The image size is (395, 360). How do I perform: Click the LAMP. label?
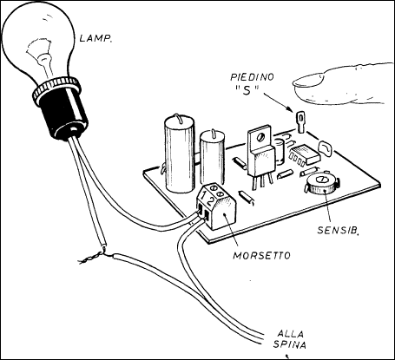(x=95, y=38)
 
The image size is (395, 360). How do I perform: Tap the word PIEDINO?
(x=252, y=77)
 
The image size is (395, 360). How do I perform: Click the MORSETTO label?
(x=261, y=256)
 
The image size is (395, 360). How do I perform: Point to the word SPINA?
(x=290, y=344)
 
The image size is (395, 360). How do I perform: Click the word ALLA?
(x=290, y=334)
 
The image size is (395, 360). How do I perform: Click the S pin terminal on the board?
(x=300, y=122)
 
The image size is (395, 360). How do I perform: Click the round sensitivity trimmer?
(x=321, y=184)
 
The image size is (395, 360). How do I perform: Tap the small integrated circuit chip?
(x=304, y=154)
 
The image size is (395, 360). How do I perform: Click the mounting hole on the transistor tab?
(x=261, y=136)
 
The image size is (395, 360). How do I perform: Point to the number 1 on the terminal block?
(x=204, y=196)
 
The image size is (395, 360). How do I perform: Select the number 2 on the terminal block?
(x=211, y=201)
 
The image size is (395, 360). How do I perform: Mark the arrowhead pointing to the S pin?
(x=288, y=108)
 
